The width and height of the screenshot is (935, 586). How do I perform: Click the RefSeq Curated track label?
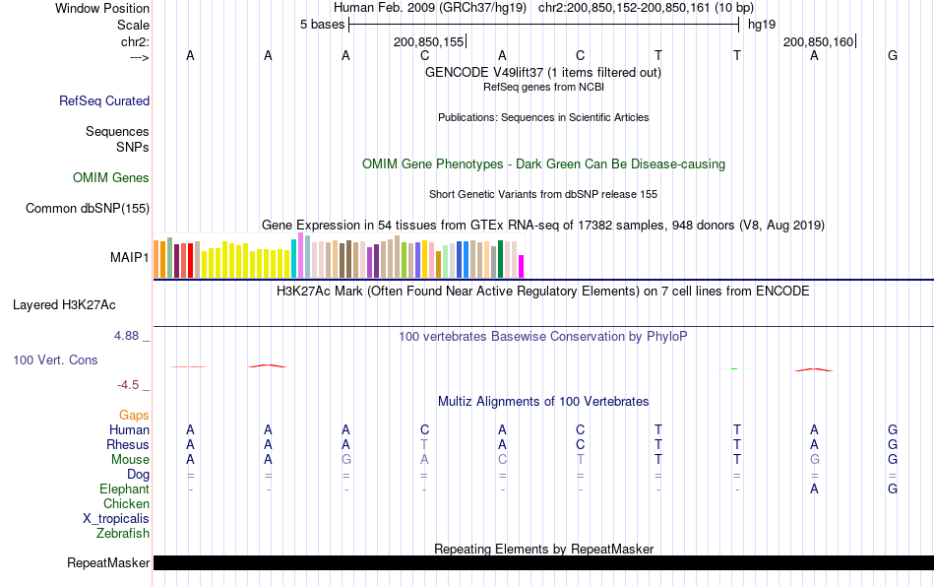point(104,100)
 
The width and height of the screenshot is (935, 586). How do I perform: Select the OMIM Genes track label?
point(111,177)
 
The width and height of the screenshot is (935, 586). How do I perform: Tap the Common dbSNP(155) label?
point(88,208)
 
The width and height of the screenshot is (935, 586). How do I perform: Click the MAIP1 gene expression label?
point(130,258)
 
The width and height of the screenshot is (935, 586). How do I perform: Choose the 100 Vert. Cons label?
point(55,360)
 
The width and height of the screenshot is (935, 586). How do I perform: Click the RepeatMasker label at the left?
point(108,563)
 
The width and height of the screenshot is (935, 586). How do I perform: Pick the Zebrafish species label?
point(123,534)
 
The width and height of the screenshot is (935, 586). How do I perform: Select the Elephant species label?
point(124,489)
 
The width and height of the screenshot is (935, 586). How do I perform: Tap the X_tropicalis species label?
point(116,519)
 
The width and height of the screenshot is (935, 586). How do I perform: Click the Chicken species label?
point(126,504)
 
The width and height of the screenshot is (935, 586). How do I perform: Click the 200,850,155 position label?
point(428,41)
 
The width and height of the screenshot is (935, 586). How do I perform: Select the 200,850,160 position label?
point(818,41)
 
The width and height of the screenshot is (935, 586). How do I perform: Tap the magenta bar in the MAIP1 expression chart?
point(522,267)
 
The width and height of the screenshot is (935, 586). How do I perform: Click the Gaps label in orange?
point(134,416)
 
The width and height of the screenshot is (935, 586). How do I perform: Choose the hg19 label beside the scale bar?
point(761,25)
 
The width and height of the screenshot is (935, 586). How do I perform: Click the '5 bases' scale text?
point(322,25)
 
